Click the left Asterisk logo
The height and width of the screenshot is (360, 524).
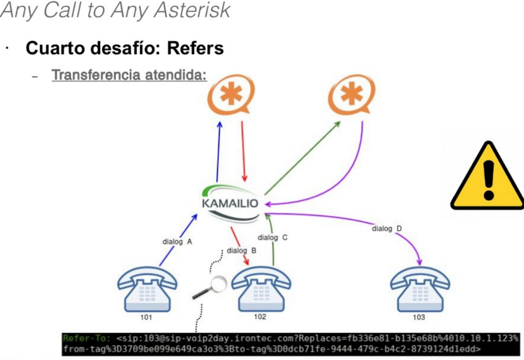coord(231,95)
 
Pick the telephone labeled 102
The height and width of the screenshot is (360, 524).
coord(259,287)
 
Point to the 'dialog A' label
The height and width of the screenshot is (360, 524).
coord(177,242)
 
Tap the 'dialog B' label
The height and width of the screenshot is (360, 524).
coord(241,251)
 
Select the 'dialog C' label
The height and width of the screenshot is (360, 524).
coord(272,237)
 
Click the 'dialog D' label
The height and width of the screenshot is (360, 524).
coord(387,228)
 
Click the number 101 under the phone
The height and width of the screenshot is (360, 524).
coord(146,318)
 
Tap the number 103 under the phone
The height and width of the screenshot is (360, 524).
coord(418,318)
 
